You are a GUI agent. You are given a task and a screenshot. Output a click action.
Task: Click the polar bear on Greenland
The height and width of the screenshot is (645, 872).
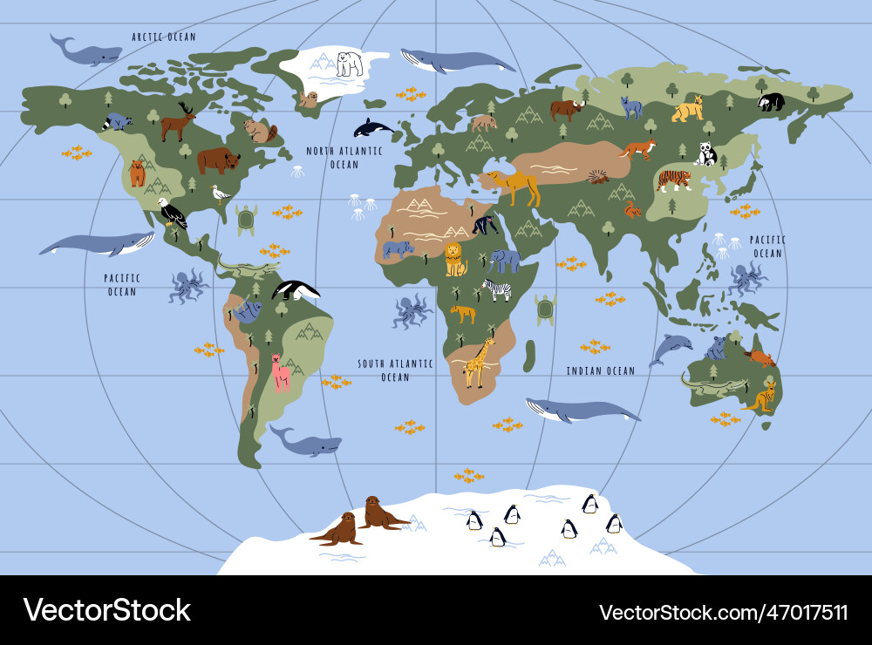[x=350, y=64]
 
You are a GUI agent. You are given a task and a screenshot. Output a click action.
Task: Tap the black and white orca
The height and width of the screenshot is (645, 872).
[x=372, y=128]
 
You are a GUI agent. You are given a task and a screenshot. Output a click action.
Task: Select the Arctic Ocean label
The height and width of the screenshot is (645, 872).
[x=164, y=37]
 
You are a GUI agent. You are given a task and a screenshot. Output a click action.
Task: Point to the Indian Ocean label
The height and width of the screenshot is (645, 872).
[x=601, y=371]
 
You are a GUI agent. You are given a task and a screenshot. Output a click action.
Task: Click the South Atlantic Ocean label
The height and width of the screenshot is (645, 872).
[x=395, y=370]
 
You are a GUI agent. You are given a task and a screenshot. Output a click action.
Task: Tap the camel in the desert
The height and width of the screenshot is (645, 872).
[x=516, y=186]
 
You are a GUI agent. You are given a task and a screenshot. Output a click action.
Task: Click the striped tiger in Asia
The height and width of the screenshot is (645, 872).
[x=673, y=180]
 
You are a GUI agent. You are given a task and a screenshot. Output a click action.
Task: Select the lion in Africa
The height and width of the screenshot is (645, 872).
[x=455, y=259]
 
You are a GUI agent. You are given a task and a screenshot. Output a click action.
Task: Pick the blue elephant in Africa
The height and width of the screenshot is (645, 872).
[x=505, y=260]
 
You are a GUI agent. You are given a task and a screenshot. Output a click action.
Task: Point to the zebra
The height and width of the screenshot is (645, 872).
[x=497, y=289]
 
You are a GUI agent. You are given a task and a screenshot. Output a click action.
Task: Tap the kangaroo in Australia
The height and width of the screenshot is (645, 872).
[x=761, y=397]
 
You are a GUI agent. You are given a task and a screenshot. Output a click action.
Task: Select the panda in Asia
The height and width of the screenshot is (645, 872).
[x=705, y=154]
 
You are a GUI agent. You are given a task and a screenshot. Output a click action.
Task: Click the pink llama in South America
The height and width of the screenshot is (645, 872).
[x=280, y=373]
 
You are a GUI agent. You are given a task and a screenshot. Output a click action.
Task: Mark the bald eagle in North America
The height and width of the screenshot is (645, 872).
[x=172, y=213]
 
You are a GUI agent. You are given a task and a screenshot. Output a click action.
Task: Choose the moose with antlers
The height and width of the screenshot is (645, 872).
[x=177, y=122]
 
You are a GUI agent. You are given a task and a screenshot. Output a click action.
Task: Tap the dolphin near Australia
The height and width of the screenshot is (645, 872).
[x=669, y=348]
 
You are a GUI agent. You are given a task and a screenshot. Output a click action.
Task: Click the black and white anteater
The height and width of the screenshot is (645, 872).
[x=295, y=290]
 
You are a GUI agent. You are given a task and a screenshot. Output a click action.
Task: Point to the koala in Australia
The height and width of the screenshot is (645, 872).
[x=717, y=348]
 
